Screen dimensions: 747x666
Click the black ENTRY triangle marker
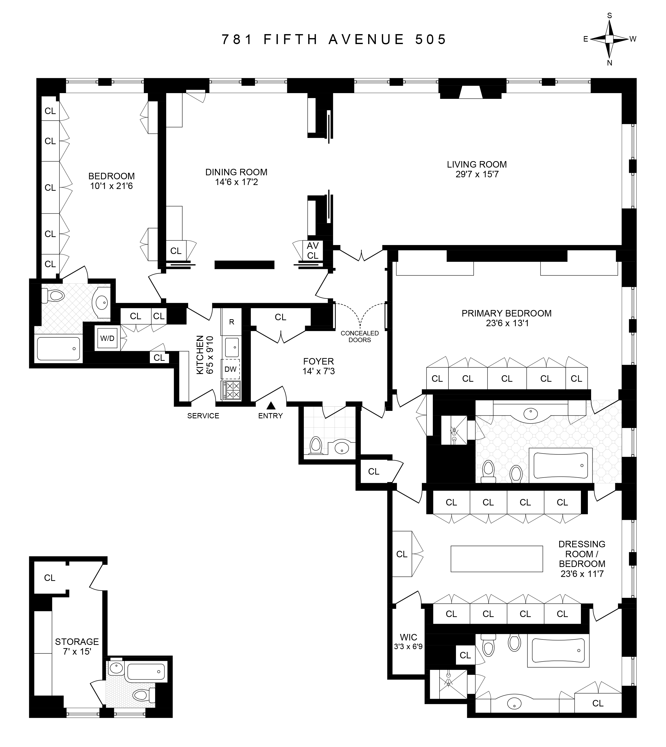pyautogui.click(x=271, y=405)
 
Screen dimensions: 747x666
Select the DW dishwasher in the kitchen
pyautogui.click(x=230, y=369)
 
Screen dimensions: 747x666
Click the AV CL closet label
pyautogui.click(x=313, y=250)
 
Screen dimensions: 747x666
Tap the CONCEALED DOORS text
pyautogui.click(x=359, y=336)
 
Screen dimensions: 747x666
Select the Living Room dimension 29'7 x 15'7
pyautogui.click(x=477, y=174)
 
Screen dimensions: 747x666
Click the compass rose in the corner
pyautogui.click(x=609, y=39)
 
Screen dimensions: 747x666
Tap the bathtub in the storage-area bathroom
pyautogui.click(x=146, y=672)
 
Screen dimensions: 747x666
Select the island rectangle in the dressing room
pyautogui.click(x=497, y=559)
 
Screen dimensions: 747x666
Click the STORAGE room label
pyautogui.click(x=77, y=641)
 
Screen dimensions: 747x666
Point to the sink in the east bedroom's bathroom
pyautogui.click(x=101, y=303)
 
